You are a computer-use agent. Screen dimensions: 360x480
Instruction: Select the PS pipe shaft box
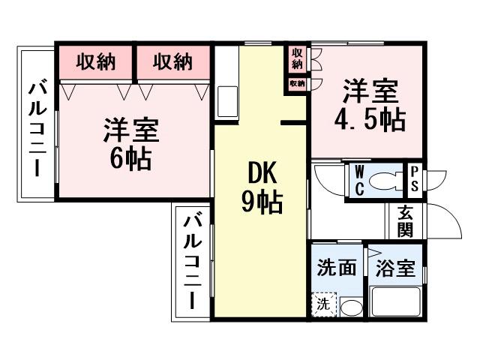pos(413,180)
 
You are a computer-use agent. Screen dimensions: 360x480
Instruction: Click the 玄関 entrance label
pos(406,221)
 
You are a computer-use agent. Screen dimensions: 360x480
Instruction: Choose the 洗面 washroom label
pos(335,268)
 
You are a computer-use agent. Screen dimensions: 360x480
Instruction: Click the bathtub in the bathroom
pos(395,304)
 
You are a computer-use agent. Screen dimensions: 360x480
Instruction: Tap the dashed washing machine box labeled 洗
pos(322,304)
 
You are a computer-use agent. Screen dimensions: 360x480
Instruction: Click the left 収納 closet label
pos(96,62)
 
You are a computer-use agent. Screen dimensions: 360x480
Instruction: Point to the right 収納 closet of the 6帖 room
pos(172,62)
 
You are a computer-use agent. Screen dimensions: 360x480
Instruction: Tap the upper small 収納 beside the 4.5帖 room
pos(298,58)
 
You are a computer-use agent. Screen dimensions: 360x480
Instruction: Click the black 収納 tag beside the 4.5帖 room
pos(298,83)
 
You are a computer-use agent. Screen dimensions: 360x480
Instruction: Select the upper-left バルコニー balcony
pos(36,127)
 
